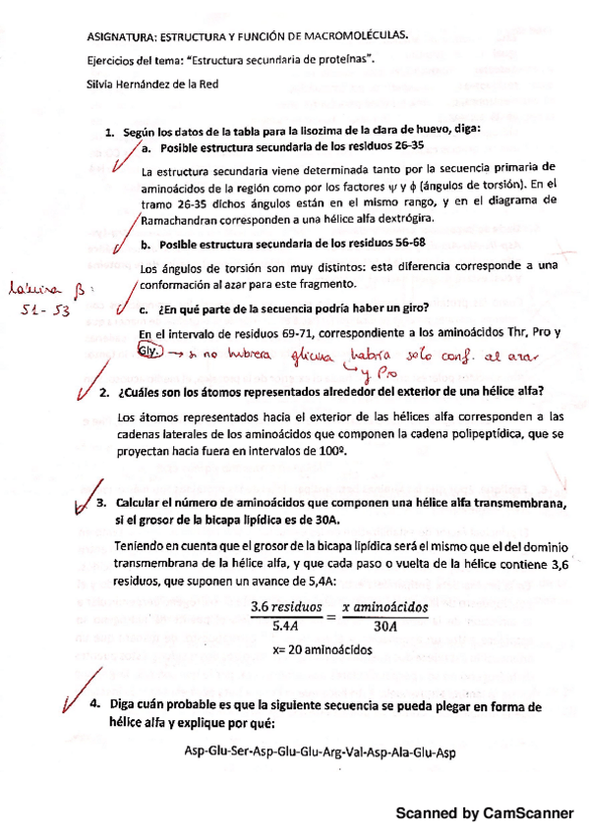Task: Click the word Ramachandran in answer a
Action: (x=182, y=220)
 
